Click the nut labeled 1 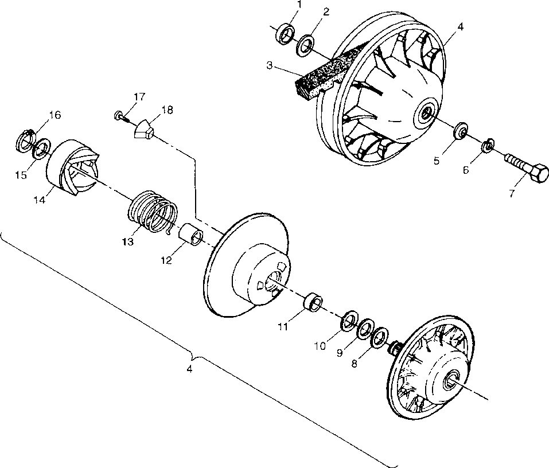(285, 34)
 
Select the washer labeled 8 (379, 338)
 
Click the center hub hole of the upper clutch (427, 112)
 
